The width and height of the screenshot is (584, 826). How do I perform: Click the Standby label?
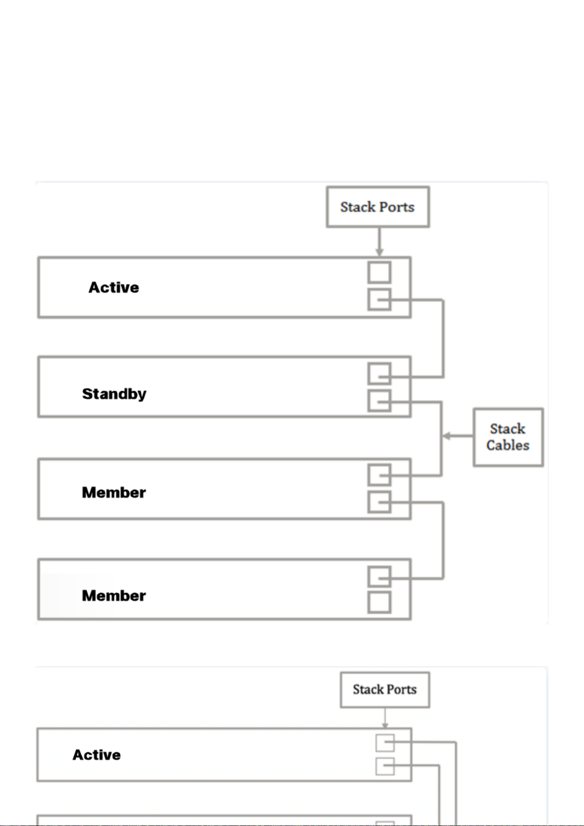click(114, 394)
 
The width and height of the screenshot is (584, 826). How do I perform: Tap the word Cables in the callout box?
click(508, 445)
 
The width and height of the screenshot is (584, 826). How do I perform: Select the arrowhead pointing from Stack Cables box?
click(446, 436)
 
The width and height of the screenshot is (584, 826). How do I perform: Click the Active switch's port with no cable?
click(379, 273)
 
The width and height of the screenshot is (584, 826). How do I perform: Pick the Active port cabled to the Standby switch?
click(379, 300)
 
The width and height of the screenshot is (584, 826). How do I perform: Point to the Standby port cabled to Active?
click(379, 374)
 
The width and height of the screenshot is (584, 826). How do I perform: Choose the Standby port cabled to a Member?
click(379, 401)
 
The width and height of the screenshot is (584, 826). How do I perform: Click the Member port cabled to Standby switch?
click(379, 476)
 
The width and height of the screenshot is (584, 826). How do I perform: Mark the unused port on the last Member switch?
click(379, 602)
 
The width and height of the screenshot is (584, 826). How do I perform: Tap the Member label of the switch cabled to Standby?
click(114, 493)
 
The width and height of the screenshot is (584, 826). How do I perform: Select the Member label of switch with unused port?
click(114, 596)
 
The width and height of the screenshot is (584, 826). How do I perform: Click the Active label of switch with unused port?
click(114, 288)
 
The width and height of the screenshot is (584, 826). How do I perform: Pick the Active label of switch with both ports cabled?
click(97, 755)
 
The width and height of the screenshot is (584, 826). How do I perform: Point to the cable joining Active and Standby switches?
click(443, 339)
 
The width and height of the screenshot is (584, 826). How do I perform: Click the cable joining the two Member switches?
click(443, 540)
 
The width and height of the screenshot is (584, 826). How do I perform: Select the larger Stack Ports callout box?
click(378, 207)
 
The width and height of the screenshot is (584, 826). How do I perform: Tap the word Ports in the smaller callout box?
click(402, 690)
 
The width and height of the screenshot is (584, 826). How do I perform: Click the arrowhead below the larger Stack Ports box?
click(379, 252)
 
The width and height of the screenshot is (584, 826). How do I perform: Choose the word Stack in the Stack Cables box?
click(508, 429)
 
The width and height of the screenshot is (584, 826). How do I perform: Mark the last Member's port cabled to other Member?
click(379, 576)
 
